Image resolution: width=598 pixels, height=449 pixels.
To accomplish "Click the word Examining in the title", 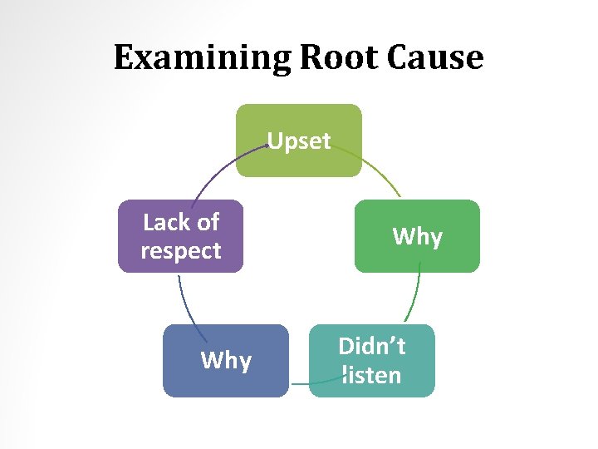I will [202, 58].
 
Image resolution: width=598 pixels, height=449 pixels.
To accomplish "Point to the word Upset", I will [299, 141].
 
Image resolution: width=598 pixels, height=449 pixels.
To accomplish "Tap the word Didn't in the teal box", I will [371, 347].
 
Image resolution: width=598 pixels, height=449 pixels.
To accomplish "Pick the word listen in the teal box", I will [371, 376].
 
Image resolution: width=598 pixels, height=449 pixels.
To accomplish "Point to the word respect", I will [181, 251].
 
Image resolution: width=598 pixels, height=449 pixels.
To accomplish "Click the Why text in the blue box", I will [226, 361].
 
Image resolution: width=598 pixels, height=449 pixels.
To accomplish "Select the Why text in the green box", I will [417, 237].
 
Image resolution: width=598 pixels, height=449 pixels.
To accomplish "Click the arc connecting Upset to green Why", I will [382, 173].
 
